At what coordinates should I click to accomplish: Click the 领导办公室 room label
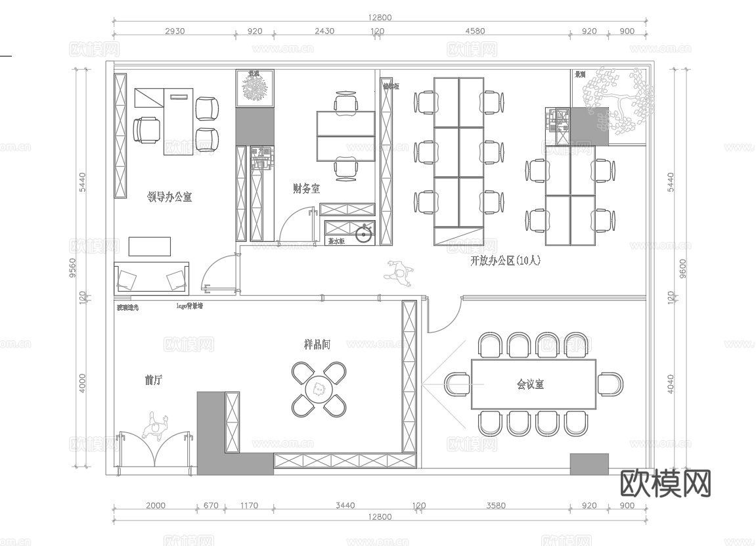[169, 196]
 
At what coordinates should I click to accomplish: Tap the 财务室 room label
[306, 189]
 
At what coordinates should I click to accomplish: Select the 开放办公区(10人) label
[505, 261]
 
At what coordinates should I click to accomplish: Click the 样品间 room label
[317, 344]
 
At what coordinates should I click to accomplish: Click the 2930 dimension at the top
[175, 31]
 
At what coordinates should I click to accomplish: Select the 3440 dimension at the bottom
[345, 505]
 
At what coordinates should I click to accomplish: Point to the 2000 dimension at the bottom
[156, 505]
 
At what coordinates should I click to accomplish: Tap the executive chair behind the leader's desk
[146, 129]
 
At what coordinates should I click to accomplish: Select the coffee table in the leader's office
[150, 246]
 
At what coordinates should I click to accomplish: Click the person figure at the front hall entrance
[156, 427]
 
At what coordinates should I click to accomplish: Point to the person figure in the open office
[399, 271]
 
